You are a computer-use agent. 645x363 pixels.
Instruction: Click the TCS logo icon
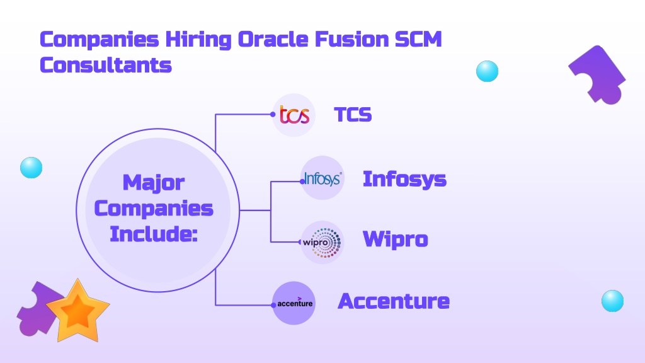[x=294, y=115]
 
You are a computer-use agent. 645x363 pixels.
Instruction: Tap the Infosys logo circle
[x=322, y=178]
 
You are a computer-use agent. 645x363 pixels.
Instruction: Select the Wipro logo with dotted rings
[x=322, y=243]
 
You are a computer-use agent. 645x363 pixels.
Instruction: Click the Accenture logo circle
[x=294, y=303]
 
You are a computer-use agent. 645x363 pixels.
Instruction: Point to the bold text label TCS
[x=353, y=115]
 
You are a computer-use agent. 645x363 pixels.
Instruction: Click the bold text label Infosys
[x=405, y=180]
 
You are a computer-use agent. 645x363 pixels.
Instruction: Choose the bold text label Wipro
[x=396, y=239]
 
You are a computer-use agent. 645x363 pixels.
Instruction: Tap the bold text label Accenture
[x=394, y=301]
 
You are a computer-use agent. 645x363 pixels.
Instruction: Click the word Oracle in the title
[x=273, y=40]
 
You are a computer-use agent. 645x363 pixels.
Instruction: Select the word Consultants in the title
[x=106, y=65]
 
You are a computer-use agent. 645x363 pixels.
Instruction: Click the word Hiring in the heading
[x=198, y=40]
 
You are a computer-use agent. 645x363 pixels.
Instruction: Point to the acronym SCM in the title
[x=418, y=40]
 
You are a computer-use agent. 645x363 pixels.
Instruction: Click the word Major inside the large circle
[x=154, y=183]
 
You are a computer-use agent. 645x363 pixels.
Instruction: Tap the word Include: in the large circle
[x=154, y=234]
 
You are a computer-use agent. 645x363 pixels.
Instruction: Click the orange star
[x=77, y=311]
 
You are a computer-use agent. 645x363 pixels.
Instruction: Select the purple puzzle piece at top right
[x=597, y=75]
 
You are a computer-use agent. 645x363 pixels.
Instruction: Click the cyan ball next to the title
[x=487, y=71]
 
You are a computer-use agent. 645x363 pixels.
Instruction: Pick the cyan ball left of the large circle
[x=31, y=168]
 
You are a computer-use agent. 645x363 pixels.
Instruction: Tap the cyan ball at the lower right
[x=612, y=301]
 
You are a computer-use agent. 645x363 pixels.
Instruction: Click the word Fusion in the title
[x=351, y=40]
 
